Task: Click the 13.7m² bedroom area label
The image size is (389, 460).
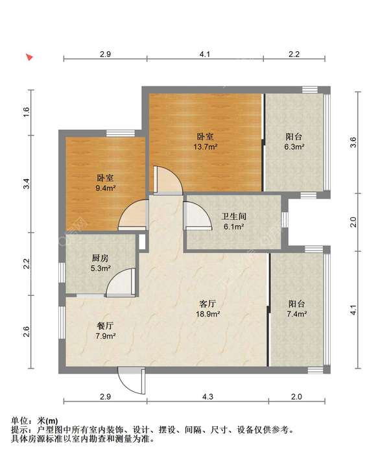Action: (206, 147)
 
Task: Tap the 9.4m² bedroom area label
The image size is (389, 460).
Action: (106, 188)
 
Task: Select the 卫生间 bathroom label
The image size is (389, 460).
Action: (233, 217)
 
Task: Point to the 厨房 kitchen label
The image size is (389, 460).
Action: (100, 258)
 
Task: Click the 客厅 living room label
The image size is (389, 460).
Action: (208, 304)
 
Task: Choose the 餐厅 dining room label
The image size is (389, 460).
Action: (105, 326)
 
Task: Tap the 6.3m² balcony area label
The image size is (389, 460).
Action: (294, 147)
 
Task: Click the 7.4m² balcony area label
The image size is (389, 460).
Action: (297, 314)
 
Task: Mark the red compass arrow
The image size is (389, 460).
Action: (29, 57)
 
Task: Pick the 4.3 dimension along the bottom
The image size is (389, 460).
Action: (207, 396)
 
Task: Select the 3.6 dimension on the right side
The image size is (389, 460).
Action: (353, 142)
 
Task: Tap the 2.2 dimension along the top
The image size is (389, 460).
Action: (294, 54)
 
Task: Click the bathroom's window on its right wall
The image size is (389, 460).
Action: (285, 219)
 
